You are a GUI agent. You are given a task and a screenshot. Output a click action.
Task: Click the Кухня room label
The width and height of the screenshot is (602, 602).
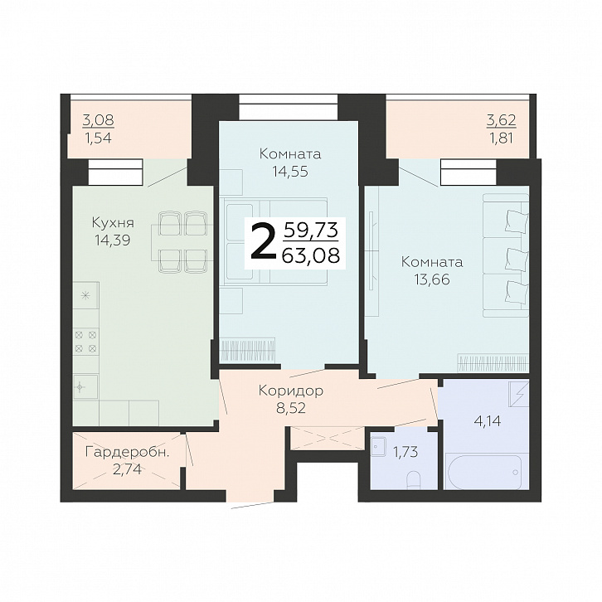(113, 223)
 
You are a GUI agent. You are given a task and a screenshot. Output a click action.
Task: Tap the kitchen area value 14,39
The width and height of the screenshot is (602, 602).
(113, 240)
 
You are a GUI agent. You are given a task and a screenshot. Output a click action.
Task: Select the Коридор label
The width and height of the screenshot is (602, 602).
(291, 391)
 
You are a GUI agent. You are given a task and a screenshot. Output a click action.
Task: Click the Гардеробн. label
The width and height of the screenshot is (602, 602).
(128, 452)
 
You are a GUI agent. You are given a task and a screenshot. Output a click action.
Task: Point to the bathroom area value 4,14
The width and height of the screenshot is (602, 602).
(488, 421)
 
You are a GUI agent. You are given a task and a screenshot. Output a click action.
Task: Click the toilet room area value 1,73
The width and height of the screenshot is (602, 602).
(405, 452)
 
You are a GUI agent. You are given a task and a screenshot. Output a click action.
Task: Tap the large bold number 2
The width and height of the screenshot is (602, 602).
(263, 242)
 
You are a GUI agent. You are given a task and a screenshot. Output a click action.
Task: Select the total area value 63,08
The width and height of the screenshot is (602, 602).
(311, 255)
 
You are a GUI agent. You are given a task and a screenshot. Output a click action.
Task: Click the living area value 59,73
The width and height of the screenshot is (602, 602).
(311, 231)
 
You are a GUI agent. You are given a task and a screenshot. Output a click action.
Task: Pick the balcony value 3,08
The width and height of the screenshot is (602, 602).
(99, 120)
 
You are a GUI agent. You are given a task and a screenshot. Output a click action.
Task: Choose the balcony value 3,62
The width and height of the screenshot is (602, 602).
(502, 120)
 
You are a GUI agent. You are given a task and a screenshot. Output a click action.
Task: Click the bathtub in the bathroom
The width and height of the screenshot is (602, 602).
(484, 472)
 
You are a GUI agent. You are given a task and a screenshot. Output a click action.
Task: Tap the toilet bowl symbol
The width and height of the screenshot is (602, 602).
(413, 480)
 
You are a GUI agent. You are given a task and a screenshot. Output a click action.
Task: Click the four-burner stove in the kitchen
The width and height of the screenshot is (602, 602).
(85, 342)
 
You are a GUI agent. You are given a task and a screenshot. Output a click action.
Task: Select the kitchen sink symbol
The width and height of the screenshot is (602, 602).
(85, 386)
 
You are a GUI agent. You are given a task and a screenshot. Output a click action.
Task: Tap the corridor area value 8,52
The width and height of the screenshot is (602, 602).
(291, 408)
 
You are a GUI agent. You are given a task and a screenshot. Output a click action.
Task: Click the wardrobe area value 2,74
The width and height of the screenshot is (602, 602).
(128, 469)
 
